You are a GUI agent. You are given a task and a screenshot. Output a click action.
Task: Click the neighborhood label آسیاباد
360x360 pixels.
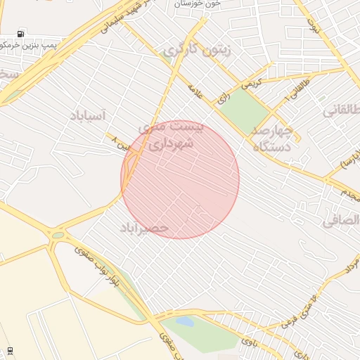[86, 115]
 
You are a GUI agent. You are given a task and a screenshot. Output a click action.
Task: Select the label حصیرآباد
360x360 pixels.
[144, 228]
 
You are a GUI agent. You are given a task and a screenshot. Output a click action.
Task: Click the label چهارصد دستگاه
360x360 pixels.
[271, 139]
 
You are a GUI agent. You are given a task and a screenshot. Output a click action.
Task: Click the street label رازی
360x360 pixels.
[224, 99]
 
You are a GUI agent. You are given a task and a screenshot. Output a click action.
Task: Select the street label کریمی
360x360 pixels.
[250, 82]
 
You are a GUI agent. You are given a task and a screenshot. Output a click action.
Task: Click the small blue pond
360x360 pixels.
[185, 321]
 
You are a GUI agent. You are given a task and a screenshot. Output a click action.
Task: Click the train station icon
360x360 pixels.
[9, 349]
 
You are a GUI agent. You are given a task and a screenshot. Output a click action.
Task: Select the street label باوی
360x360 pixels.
[250, 342]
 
